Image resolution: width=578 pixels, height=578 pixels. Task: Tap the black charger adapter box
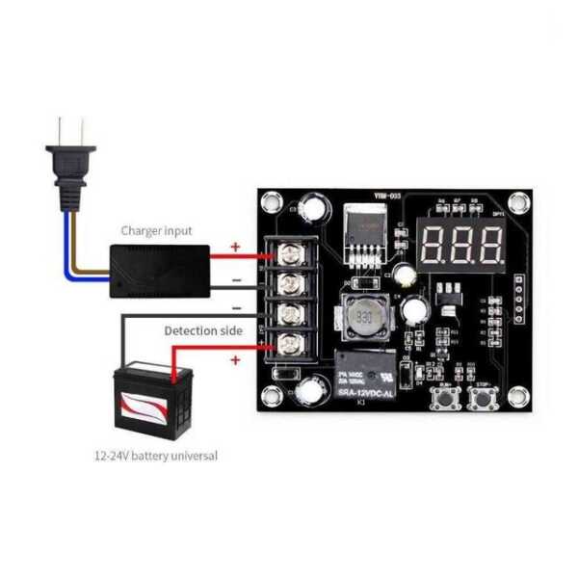pyautogui.click(x=160, y=270)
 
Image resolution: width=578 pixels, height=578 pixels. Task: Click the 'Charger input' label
pyautogui.click(x=156, y=231)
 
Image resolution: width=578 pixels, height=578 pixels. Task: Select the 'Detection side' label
pyautogui.click(x=203, y=330)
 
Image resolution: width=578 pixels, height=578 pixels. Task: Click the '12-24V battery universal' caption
pyautogui.click(x=155, y=455)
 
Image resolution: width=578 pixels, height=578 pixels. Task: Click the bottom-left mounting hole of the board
pyautogui.click(x=271, y=396)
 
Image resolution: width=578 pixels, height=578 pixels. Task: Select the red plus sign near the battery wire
pyautogui.click(x=234, y=359)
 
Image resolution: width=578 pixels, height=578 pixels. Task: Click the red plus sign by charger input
pyautogui.click(x=235, y=247)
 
